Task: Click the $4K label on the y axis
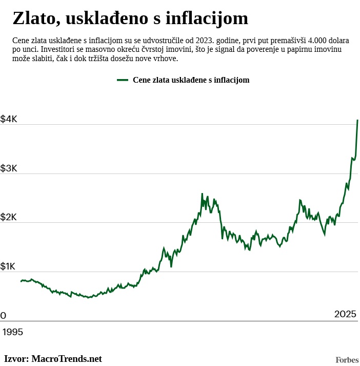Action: tap(9, 119)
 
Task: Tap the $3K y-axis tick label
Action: tap(9, 168)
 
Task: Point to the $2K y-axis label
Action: tap(9, 218)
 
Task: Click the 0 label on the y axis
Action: tap(3, 316)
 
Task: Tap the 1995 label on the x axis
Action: tap(13, 332)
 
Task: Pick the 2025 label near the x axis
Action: tap(345, 314)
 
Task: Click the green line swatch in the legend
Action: tap(123, 80)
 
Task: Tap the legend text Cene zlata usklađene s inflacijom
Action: tap(191, 80)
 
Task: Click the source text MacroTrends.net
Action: tap(67, 359)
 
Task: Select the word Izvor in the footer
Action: tap(16, 359)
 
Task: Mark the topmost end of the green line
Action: tap(357, 120)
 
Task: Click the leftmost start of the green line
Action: tap(21, 281)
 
